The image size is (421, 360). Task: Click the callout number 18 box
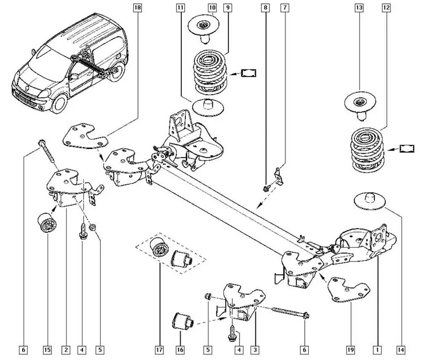click(x=138, y=8)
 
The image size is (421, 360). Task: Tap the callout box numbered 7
click(x=285, y=8)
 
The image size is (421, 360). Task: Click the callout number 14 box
click(x=401, y=349)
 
